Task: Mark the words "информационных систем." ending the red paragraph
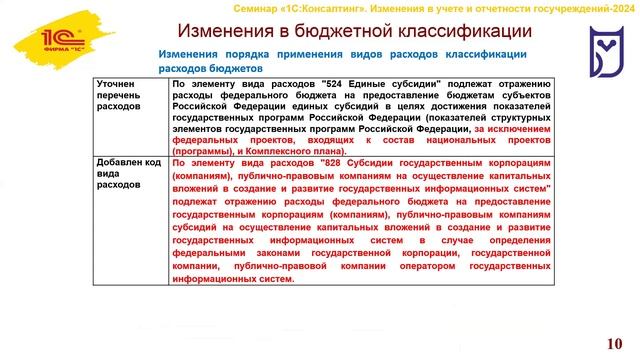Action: point(233,279)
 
